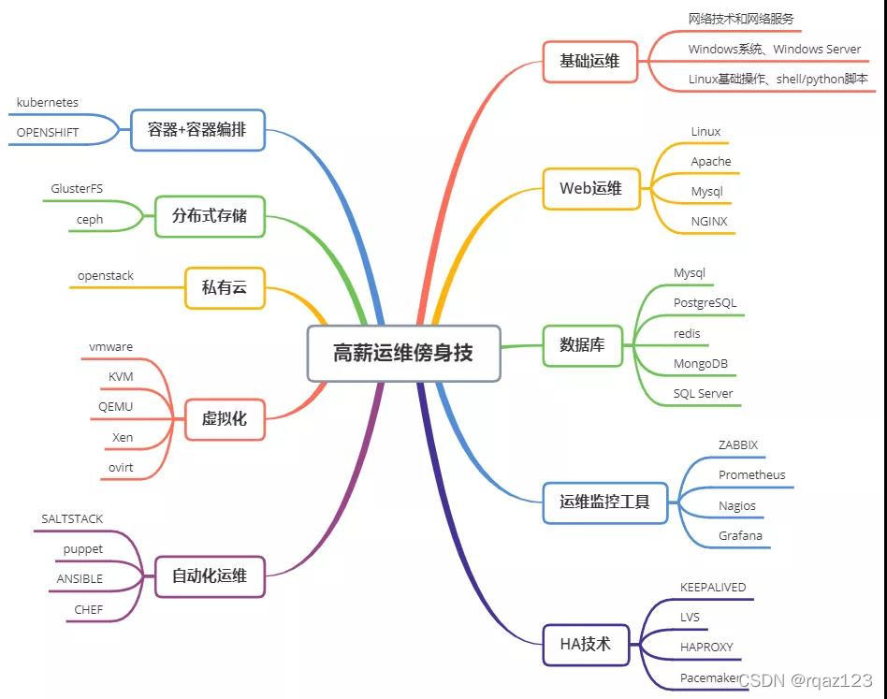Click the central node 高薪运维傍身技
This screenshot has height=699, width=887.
point(403,353)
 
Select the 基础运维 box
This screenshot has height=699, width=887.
point(589,61)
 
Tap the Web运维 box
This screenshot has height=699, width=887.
point(590,188)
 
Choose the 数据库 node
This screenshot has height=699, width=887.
point(582,344)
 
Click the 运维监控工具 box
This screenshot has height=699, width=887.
point(604,502)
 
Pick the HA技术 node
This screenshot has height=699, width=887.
point(585,644)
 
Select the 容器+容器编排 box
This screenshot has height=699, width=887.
point(197,129)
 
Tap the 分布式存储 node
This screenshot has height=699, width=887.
point(210,215)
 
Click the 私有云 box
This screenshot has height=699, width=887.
point(225,287)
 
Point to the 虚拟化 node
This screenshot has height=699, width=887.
point(225,417)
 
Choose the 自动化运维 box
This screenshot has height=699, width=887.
point(210,575)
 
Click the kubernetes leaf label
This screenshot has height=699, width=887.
point(48,102)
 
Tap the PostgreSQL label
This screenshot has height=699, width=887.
point(705,303)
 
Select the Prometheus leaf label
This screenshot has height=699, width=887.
point(751,475)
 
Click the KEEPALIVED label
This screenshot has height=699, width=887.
point(713,588)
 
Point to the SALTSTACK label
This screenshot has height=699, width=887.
point(72,518)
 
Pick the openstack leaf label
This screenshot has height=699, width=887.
point(106,276)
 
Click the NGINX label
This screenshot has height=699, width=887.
point(708,222)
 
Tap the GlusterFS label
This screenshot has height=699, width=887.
point(77,189)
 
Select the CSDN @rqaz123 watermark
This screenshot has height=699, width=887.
point(806,680)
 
